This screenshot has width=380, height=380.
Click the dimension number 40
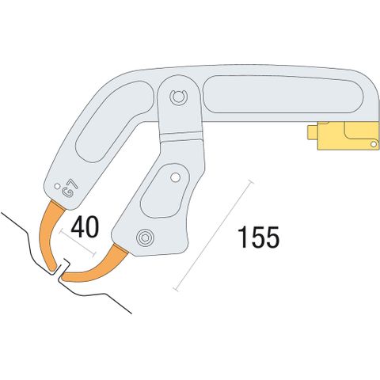85,227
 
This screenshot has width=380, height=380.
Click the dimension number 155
258,237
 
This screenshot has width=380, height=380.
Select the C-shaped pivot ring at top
178,97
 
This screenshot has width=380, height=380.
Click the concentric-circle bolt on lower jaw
145,237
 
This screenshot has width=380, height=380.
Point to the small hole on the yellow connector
374,144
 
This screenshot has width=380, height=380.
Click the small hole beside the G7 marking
56,186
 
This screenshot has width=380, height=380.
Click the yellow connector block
348,135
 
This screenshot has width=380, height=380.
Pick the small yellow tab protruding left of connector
313,132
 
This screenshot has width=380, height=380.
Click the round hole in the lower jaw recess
174,177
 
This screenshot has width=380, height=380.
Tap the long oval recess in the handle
283,94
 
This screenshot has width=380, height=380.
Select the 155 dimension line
215,236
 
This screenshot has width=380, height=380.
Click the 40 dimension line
78,243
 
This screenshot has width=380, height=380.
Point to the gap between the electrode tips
59,275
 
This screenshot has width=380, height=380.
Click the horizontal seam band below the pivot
182,137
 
